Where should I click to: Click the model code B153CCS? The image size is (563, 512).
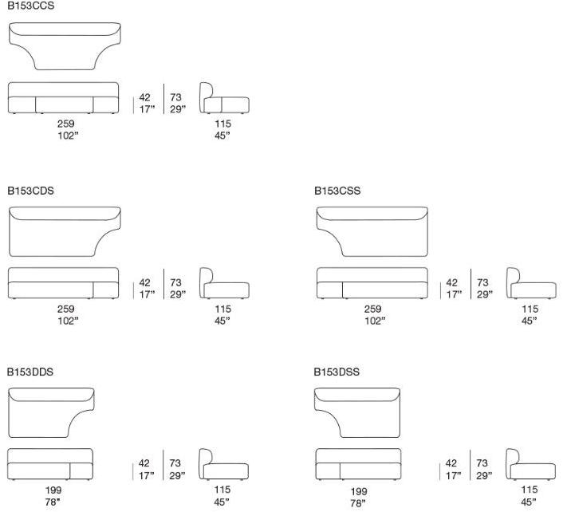tap(31, 6)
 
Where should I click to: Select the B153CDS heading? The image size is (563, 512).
tap(31, 191)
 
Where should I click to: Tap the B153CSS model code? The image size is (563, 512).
tap(337, 191)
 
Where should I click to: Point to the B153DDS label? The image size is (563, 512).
tap(30, 372)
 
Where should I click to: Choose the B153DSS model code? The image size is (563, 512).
tap(337, 372)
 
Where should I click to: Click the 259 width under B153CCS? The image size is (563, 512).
tap(65, 124)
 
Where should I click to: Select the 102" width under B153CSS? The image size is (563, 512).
tap(375, 321)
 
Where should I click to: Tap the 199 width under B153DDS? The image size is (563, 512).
tap(53, 490)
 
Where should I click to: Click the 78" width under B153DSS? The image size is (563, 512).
tap(357, 503)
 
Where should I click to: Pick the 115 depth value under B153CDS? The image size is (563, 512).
tap(223, 309)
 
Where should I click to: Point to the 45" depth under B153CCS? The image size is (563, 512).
tap(222, 136)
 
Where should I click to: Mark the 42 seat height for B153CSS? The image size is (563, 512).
tap(451, 282)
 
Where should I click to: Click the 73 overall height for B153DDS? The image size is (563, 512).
tap(175, 463)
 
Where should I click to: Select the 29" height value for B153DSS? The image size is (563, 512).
tap(484, 475)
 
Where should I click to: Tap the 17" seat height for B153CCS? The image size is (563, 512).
tap(147, 109)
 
